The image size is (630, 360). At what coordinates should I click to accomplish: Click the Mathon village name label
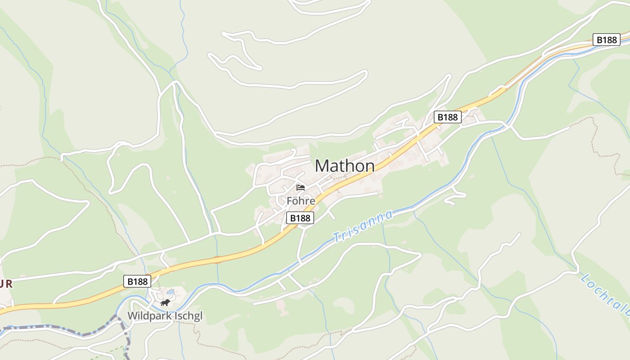tap(345, 166)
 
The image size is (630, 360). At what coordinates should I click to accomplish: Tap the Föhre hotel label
tap(301, 201)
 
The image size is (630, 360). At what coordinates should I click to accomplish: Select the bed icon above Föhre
tap(301, 187)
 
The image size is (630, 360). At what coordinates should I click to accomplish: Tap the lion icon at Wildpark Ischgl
tap(165, 302)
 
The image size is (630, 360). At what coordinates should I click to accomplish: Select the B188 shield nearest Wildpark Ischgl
tap(137, 282)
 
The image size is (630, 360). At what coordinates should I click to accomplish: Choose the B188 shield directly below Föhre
tap(300, 218)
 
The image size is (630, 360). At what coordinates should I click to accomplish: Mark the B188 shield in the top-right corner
tap(606, 40)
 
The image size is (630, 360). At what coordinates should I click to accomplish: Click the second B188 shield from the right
tap(447, 117)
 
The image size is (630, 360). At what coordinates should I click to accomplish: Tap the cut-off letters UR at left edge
tap(6, 284)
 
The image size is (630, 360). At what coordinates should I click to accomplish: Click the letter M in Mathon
tap(322, 166)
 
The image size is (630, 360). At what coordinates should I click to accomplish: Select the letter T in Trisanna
tap(336, 237)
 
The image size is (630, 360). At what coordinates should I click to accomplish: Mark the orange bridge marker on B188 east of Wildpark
tap(218, 259)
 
